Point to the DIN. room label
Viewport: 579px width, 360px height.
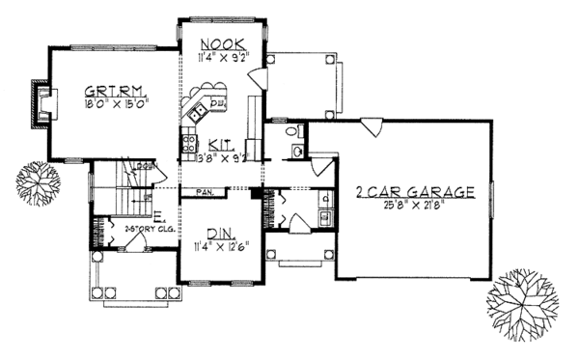click(x=218, y=232)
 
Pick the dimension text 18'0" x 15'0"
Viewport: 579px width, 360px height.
click(x=113, y=97)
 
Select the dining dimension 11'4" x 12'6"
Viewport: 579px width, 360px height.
click(x=221, y=245)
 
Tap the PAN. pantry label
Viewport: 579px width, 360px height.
click(x=205, y=191)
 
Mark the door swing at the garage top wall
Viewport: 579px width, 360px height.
click(x=367, y=125)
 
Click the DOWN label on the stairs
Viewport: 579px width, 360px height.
click(x=146, y=167)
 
